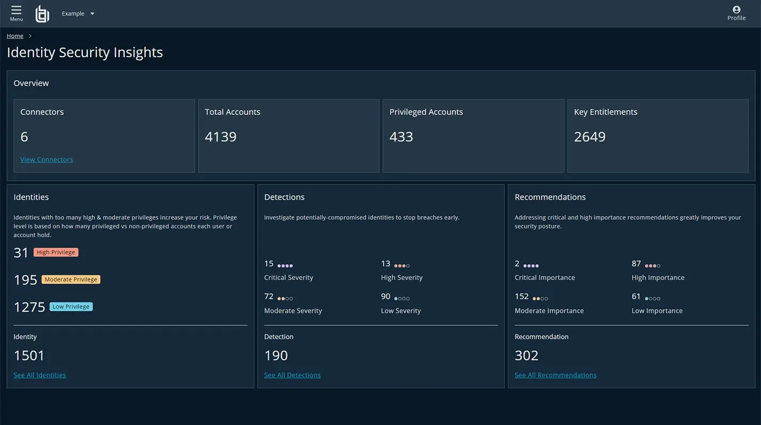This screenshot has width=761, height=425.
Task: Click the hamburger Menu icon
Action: coord(17,10)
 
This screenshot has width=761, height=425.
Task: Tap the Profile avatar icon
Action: coord(736,10)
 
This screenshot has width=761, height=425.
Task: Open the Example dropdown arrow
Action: coord(92,13)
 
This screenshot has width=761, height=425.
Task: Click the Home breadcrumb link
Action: coord(15,36)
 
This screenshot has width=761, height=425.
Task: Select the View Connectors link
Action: coord(46,159)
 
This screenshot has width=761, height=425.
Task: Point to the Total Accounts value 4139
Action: coord(220,137)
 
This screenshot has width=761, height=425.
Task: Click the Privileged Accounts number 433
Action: coord(401,137)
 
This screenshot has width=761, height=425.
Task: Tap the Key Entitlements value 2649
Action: coord(590,137)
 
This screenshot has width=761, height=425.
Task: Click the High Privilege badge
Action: coord(56,252)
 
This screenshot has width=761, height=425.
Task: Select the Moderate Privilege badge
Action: coord(71,279)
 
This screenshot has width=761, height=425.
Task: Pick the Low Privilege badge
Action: coord(71,307)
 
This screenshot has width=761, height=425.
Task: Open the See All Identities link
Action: coord(40,375)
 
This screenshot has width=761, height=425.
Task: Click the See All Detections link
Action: coord(293,375)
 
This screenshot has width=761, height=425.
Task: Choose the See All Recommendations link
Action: coord(556,375)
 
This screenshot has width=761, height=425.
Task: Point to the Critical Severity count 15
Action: coord(269,263)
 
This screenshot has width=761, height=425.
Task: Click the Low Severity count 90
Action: coord(386,296)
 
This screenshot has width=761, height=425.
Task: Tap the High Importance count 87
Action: coord(636,263)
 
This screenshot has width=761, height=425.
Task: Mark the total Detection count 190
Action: coord(276,356)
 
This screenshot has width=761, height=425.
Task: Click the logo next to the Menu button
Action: coord(43,14)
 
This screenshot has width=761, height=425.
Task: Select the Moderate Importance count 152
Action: coord(522,296)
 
